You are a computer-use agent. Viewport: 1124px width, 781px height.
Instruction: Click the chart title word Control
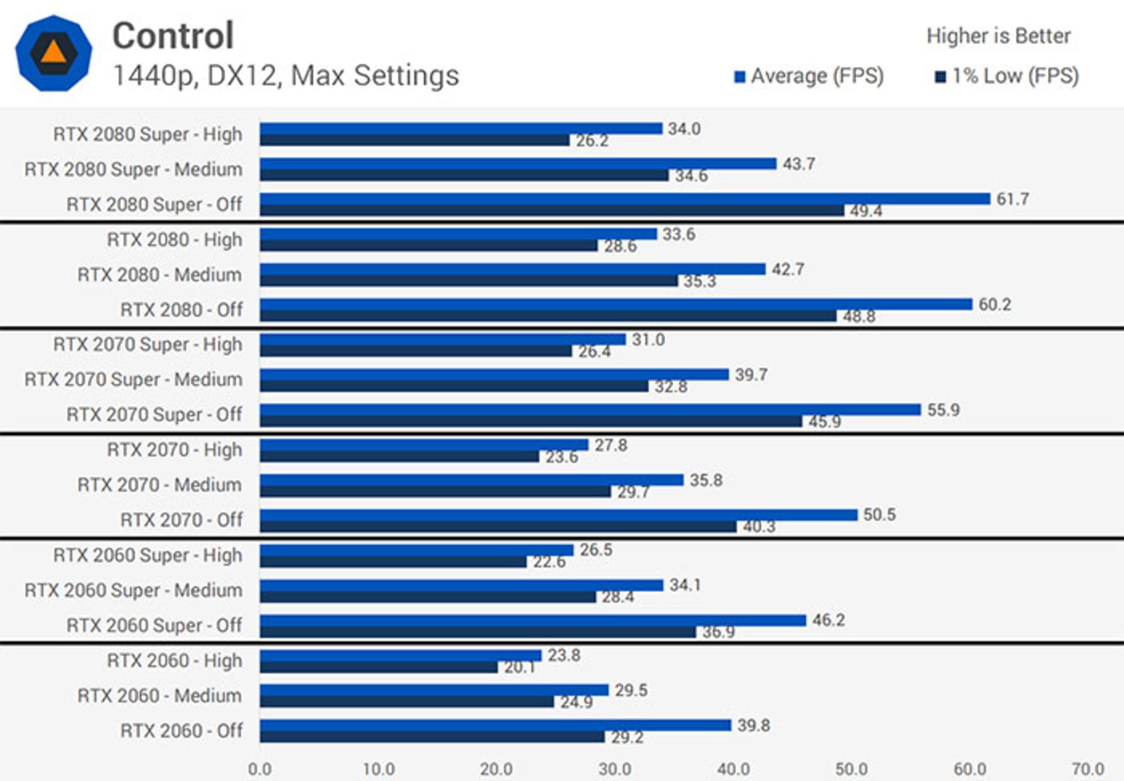point(173,36)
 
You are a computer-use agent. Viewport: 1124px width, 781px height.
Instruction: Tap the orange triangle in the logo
point(53,53)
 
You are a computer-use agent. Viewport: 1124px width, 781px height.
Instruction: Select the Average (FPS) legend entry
point(809,76)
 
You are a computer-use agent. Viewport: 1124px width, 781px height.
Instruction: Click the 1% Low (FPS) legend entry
point(1007,76)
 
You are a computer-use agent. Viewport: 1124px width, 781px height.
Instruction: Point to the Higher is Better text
point(998,36)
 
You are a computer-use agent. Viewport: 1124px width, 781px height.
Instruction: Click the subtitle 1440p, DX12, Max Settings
point(286,76)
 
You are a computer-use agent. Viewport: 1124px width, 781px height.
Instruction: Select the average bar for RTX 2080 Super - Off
point(625,199)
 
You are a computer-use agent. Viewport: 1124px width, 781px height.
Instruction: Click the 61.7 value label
point(1012,199)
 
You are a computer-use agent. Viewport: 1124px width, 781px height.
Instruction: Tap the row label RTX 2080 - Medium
point(159,275)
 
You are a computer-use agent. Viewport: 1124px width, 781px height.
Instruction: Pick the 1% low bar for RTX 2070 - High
point(399,456)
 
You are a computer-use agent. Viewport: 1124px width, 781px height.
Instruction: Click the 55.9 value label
point(943,410)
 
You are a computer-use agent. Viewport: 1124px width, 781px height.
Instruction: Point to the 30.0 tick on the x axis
point(615,769)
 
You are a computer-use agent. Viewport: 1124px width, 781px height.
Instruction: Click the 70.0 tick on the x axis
point(1088,769)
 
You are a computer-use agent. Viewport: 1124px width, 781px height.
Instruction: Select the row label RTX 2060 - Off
point(181,731)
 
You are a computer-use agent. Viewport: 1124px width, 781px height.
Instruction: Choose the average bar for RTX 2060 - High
point(400,656)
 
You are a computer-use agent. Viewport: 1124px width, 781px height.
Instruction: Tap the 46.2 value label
point(828,620)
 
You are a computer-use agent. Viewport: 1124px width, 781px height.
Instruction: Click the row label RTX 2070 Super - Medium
point(133,380)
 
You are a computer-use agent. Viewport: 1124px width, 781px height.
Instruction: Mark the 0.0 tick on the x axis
point(260,769)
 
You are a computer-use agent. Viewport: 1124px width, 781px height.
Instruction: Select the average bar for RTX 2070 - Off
point(558,515)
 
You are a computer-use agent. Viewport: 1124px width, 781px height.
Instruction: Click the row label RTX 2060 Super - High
point(148,555)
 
